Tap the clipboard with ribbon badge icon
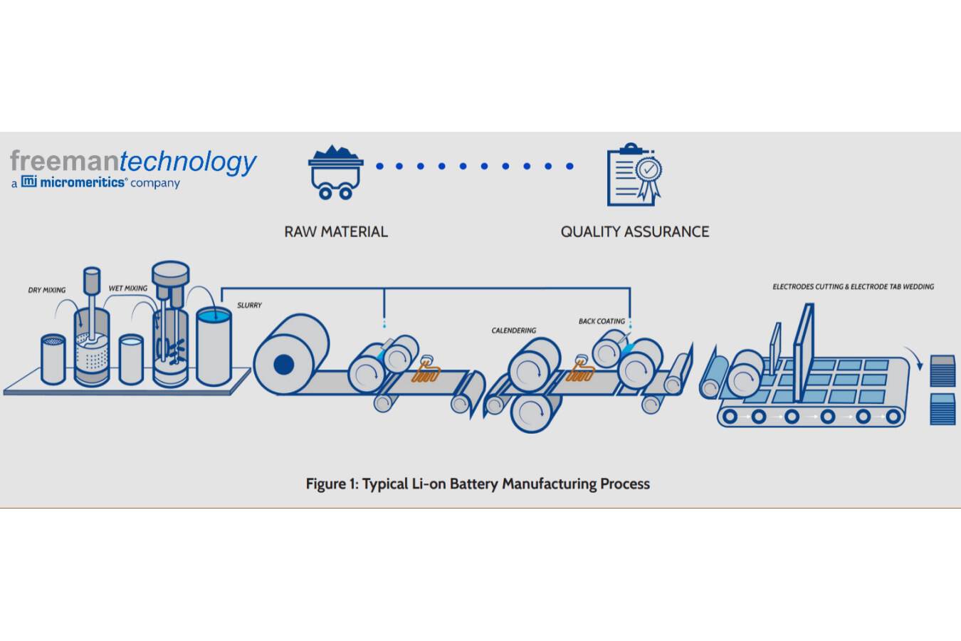tap(633, 175)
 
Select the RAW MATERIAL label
tap(336, 231)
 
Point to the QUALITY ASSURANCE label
tap(634, 231)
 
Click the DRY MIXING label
tap(47, 290)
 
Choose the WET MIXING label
tap(128, 288)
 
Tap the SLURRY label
tap(249, 305)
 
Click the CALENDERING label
tap(514, 330)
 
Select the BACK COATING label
tap(602, 321)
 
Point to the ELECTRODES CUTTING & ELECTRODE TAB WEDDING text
tap(853, 286)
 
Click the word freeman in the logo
tap(65, 161)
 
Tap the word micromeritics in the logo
tap(83, 182)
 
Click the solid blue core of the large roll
tap(283, 365)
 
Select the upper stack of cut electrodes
tap(942, 370)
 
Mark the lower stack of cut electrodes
tap(942, 408)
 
